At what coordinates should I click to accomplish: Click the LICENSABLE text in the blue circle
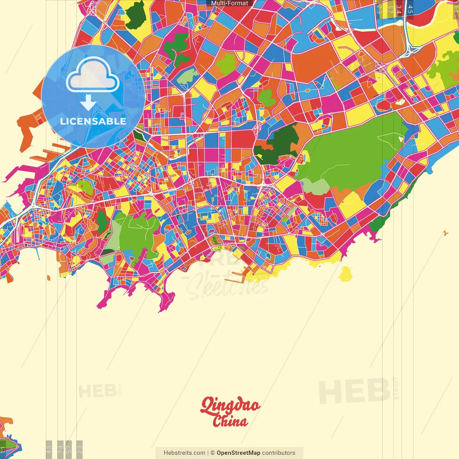(x=93, y=121)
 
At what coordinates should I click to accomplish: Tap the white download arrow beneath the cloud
(x=88, y=103)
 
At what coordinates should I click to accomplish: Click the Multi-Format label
(x=229, y=3)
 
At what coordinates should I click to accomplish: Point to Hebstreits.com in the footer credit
(x=184, y=453)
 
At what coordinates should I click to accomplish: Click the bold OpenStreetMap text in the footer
(x=238, y=453)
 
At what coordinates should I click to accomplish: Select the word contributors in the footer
(x=279, y=453)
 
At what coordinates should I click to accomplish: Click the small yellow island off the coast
(x=345, y=274)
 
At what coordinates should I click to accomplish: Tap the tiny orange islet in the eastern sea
(x=446, y=233)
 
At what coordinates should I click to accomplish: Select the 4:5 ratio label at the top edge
(x=410, y=9)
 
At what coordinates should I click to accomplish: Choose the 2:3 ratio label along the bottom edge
(x=80, y=449)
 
